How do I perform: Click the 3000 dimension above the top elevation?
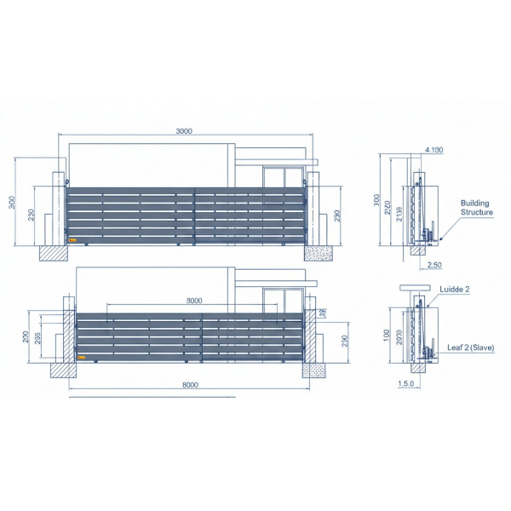[x=184, y=131]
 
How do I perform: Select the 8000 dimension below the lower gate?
[x=190, y=385]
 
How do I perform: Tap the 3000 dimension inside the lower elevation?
[x=193, y=301]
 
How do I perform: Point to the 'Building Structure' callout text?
[x=475, y=208]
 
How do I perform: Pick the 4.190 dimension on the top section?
[x=433, y=151]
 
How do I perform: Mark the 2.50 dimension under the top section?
[x=433, y=265]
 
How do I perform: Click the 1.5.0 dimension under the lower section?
[x=405, y=385]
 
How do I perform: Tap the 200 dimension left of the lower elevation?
[x=26, y=336]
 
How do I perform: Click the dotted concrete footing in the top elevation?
[x=320, y=253]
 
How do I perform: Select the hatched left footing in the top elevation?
[x=51, y=254]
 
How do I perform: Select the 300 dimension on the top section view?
[x=376, y=200]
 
